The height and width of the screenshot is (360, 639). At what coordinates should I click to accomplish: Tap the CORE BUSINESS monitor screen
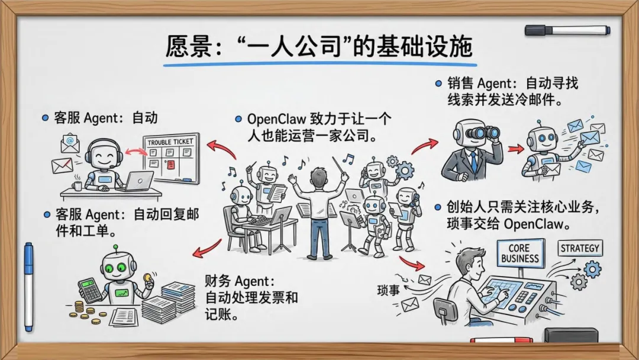[519, 253]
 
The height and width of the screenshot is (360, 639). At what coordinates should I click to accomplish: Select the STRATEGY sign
[580, 248]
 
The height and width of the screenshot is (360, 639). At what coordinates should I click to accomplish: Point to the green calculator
[91, 289]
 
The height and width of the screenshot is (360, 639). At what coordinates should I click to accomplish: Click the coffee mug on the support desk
[77, 185]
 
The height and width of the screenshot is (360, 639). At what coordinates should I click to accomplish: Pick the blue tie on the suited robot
[473, 160]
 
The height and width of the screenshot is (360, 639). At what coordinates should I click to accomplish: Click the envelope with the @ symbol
[70, 142]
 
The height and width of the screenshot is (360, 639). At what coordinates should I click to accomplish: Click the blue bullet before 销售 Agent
[438, 84]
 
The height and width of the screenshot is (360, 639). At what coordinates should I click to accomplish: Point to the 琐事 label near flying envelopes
[391, 290]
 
